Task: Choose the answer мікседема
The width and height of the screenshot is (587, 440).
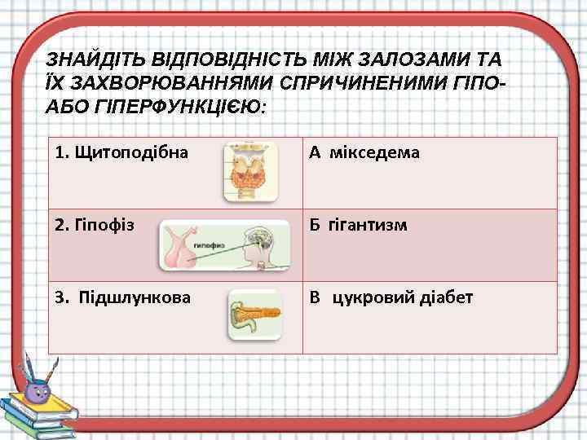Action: click(374, 152)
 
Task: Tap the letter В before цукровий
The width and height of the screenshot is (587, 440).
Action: click(314, 297)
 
